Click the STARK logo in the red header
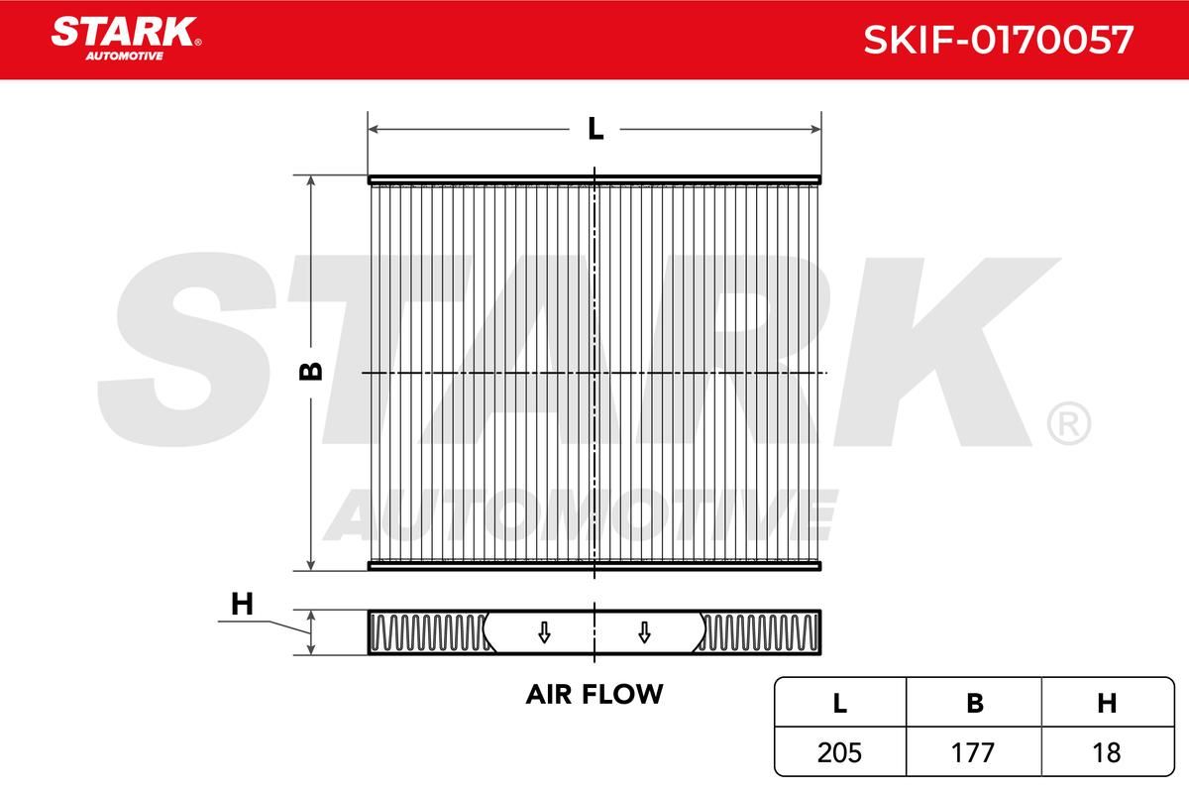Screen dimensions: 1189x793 click(x=126, y=39)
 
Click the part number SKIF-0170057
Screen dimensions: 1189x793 click(x=999, y=40)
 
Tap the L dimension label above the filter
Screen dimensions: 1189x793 click(x=595, y=129)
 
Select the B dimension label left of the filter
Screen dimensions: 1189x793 click(x=311, y=372)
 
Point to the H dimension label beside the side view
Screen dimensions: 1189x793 click(x=242, y=604)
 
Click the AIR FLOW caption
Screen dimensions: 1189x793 click(x=594, y=694)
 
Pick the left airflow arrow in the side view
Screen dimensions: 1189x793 click(x=544, y=632)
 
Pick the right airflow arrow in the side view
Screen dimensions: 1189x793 click(x=644, y=632)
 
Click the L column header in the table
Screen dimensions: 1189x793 click(x=840, y=703)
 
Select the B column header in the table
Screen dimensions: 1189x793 click(x=974, y=703)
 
